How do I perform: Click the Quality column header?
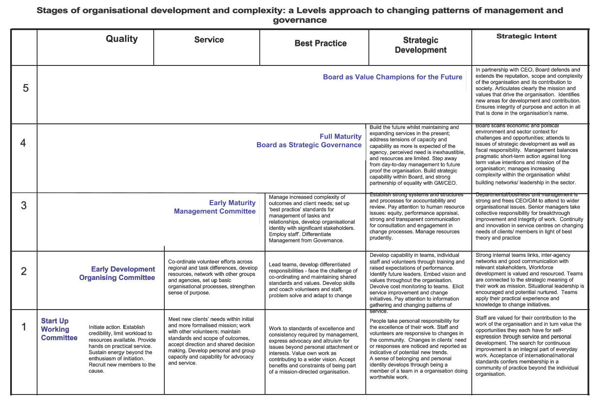121,39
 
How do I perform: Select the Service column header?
209,40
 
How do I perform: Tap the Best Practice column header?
320,43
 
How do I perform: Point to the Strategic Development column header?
421,45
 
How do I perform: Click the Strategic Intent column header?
527,36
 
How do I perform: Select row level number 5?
26,88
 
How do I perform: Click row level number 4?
23,143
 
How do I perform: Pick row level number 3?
24,205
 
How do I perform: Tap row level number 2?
24,271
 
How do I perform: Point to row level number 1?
24,327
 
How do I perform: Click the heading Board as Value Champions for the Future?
392,77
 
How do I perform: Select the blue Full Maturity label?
340,137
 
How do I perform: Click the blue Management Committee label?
215,211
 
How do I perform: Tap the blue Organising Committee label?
117,278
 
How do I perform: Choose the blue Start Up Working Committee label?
59,329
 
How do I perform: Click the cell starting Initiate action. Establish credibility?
122,349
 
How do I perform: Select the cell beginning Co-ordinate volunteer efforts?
212,277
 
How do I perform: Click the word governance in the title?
299,20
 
